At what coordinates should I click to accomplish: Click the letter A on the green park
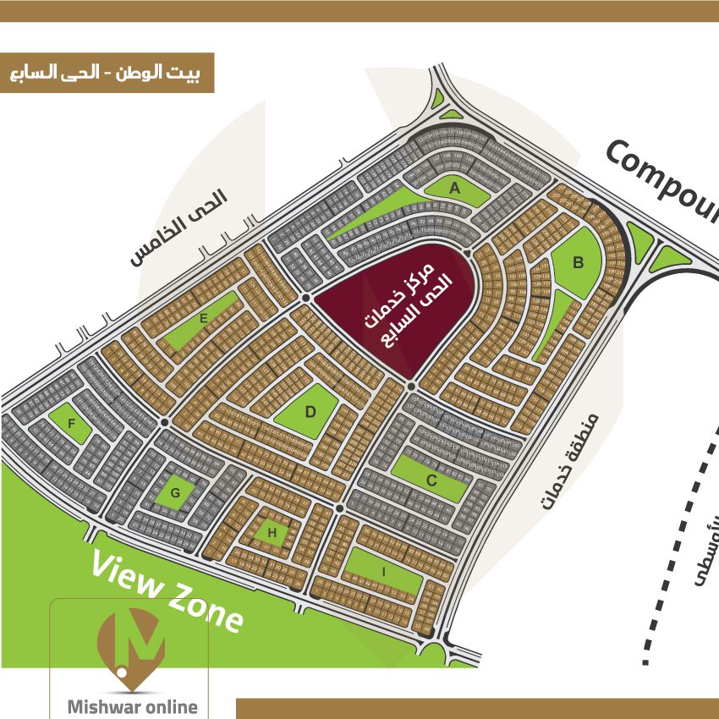[454, 188]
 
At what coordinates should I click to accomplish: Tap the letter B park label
[579, 263]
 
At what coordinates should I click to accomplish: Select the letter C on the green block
[431, 481]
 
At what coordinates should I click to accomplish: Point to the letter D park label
[310, 412]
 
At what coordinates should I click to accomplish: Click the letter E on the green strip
[204, 319]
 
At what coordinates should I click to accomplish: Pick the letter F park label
[72, 423]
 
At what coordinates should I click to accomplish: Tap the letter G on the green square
[175, 492]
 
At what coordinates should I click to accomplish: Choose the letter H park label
[272, 532]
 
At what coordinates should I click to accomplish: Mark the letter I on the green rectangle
[384, 573]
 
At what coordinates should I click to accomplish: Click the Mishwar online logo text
[131, 706]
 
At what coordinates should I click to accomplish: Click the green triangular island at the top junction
[448, 107]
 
